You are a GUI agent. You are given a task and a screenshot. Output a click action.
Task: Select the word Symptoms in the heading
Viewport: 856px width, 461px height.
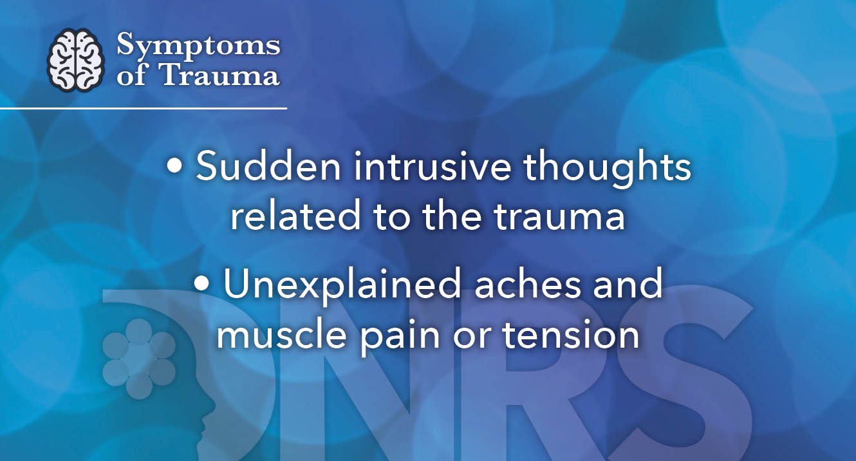[x=198, y=47]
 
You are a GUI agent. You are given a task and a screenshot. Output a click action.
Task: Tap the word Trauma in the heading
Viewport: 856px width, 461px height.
[x=219, y=75]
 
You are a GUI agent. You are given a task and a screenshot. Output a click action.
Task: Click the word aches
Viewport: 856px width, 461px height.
[x=516, y=285]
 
